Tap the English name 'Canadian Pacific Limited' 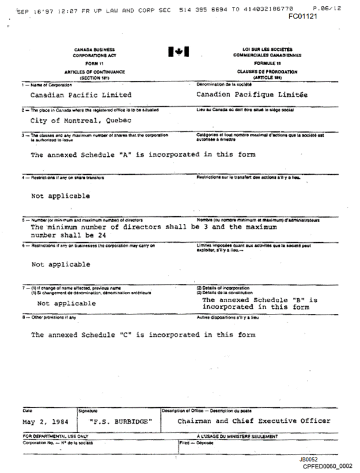tap(81, 95)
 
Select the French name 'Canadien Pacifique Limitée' tap(252, 95)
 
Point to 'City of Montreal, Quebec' tap(81, 121)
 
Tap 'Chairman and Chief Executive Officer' tap(254, 421)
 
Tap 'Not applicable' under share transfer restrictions tap(61, 196)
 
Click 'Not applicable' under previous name tap(67, 303)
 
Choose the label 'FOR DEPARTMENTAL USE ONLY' tap(55, 437)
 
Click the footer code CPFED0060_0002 tap(327, 466)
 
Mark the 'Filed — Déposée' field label tap(193, 443)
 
